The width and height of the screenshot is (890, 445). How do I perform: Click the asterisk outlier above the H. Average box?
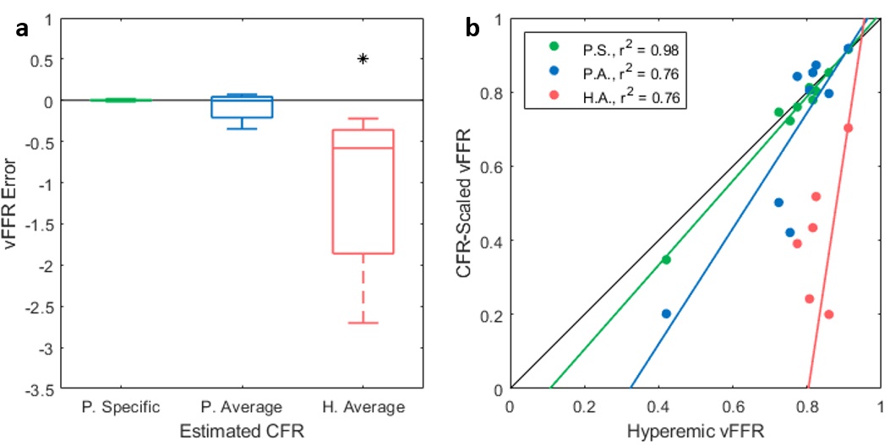coord(363,59)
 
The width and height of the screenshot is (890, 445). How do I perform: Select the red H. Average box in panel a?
coord(363,192)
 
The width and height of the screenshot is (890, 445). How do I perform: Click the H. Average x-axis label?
coord(363,407)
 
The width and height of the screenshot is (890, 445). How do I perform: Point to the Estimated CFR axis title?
coord(242,430)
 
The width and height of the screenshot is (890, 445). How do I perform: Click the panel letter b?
coord(474,29)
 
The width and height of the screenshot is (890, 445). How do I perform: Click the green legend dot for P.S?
coord(554,46)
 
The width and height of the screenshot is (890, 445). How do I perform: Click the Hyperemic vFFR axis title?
coord(695,430)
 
